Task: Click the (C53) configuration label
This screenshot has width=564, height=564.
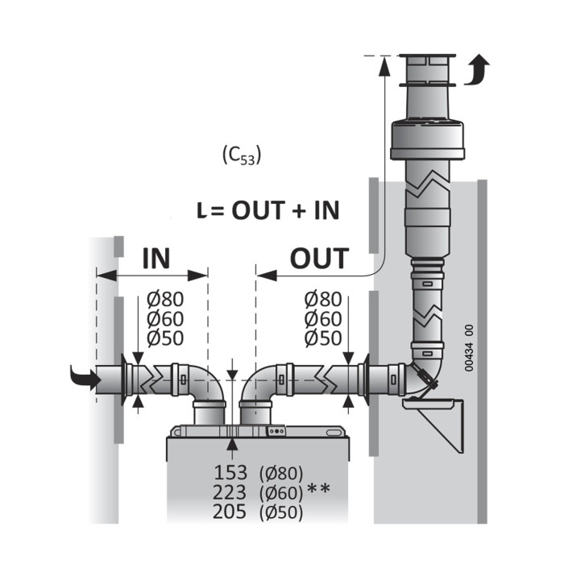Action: pyautogui.click(x=242, y=156)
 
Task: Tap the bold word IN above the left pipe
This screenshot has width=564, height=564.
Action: pyautogui.click(x=156, y=258)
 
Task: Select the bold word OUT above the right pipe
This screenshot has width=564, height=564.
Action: pyautogui.click(x=319, y=258)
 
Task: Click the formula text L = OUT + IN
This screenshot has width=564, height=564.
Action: pyautogui.click(x=268, y=210)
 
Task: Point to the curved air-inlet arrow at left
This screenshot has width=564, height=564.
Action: pyautogui.click(x=85, y=379)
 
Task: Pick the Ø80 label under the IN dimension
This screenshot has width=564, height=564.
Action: pyautogui.click(x=165, y=299)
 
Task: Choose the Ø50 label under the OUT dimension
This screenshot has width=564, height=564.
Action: pyautogui.click(x=323, y=338)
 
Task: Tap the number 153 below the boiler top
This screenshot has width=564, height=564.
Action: pyautogui.click(x=230, y=473)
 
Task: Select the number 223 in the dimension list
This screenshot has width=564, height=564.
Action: pyautogui.click(x=230, y=492)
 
